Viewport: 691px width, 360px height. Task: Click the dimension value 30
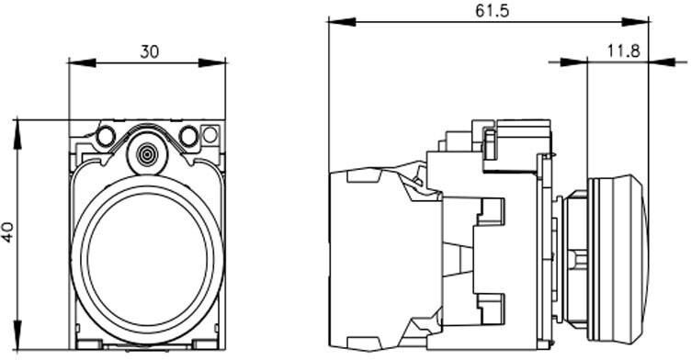click(x=149, y=52)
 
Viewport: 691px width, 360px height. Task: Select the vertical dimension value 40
click(x=8, y=231)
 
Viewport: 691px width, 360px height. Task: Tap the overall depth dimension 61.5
click(x=492, y=11)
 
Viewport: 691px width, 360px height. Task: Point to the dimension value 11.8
click(x=624, y=51)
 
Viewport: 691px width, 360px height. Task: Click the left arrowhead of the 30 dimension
click(x=82, y=62)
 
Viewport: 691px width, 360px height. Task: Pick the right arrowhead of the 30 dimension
click(x=212, y=62)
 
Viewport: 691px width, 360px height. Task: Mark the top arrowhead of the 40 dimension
click(x=17, y=134)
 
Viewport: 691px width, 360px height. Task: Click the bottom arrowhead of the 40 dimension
click(x=17, y=335)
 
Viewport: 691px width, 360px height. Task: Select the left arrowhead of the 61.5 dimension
click(x=342, y=22)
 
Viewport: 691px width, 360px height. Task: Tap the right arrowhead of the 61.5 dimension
click(x=636, y=22)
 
